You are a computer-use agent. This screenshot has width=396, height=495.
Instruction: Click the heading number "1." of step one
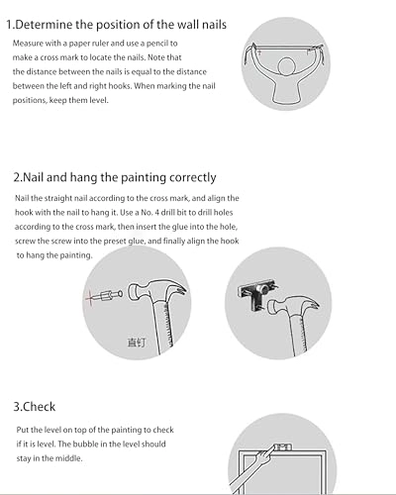tap(11, 25)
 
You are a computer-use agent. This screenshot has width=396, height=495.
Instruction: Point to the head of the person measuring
tap(286, 67)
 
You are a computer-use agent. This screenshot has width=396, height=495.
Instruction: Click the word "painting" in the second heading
tap(143, 178)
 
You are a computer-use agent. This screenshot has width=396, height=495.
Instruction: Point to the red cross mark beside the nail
tap(89, 298)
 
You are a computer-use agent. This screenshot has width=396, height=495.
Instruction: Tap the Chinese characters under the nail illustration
tap(136, 343)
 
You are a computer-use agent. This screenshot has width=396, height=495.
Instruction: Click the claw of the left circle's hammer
tap(180, 290)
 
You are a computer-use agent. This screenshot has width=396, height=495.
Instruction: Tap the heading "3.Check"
tap(35, 407)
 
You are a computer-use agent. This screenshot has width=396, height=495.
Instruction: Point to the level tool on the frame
tap(283, 447)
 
